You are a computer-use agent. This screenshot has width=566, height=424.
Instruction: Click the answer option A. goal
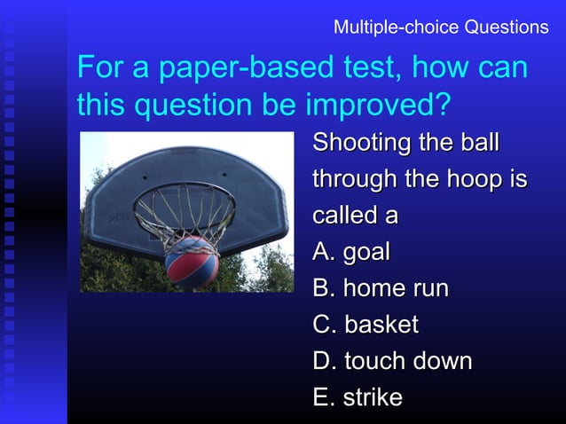coord(351,253)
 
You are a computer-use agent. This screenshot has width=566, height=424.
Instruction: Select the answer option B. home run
coord(381,289)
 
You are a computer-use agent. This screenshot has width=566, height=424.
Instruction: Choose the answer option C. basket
coord(366,326)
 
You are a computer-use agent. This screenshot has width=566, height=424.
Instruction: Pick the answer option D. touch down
coord(392,362)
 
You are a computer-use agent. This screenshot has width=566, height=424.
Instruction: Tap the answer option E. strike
coord(358,398)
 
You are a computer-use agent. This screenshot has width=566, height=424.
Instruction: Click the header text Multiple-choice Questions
coord(441,27)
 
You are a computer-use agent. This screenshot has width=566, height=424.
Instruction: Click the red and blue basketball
coord(192,259)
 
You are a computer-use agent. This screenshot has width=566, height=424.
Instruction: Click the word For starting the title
coord(98,69)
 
